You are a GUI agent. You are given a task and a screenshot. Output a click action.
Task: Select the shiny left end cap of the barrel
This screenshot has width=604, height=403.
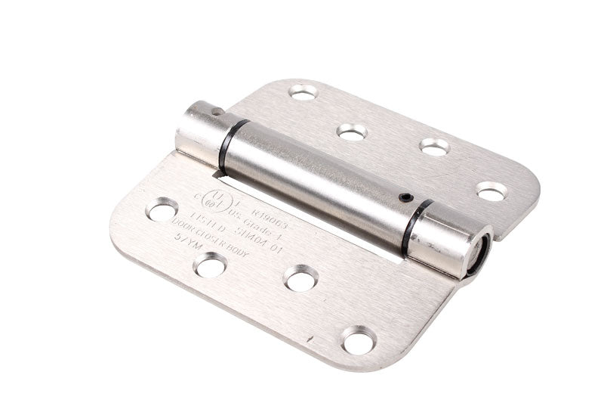click(198, 127)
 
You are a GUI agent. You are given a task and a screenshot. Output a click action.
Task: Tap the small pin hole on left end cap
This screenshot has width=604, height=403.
click(217, 111)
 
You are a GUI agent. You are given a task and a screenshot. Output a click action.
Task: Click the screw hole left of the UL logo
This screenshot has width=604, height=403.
click(162, 209)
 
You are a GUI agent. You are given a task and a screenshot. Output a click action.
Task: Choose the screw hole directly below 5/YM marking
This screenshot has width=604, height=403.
click(209, 264)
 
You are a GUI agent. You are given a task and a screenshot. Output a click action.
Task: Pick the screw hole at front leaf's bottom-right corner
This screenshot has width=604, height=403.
click(358, 339)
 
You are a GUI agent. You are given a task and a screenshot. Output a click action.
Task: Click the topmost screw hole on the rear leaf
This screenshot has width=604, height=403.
click(304, 92)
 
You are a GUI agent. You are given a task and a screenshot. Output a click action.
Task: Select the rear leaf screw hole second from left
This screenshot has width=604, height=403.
click(352, 132)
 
